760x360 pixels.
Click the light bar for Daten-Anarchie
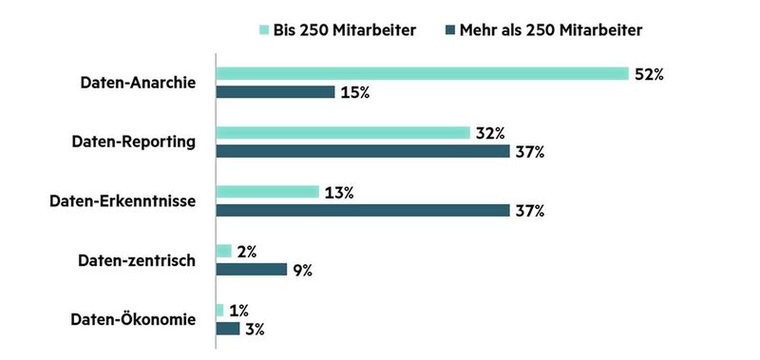422,73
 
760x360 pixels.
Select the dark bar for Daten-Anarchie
275,92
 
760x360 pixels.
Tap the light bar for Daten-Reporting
343,133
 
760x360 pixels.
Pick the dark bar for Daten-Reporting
363,151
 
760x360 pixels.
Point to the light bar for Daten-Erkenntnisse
268,192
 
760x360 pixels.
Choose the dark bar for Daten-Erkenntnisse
363,210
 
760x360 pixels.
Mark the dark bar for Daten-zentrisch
252,270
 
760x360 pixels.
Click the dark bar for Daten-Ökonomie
228,329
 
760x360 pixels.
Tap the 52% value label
649,74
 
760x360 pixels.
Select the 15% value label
354,92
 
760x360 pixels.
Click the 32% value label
490,133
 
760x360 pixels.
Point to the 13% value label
339,192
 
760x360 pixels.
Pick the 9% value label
303,270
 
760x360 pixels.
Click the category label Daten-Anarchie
138,83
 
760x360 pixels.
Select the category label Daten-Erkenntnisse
122,200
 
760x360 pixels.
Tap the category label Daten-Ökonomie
133,319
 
